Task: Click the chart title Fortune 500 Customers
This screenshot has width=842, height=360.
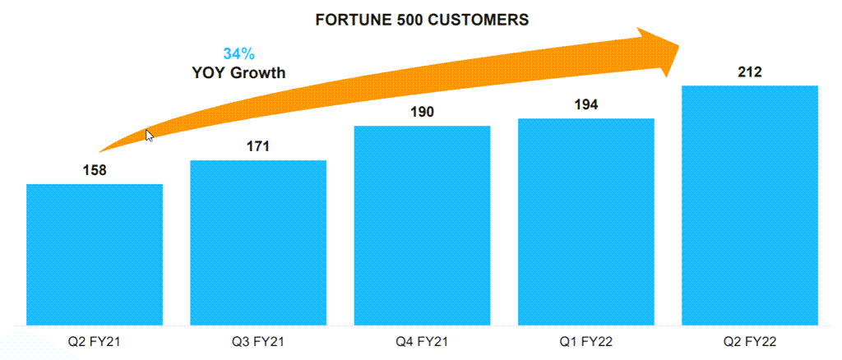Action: pyautogui.click(x=422, y=21)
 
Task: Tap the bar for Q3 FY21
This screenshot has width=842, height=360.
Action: pyautogui.click(x=258, y=242)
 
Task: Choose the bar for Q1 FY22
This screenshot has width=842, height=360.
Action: pyautogui.click(x=585, y=221)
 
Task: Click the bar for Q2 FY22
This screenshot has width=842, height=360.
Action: pyautogui.click(x=750, y=205)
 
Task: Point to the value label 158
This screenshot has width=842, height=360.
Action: pyautogui.click(x=95, y=171)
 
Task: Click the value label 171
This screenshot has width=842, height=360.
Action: pyautogui.click(x=258, y=147)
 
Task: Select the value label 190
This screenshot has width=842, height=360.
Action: pyautogui.click(x=422, y=113)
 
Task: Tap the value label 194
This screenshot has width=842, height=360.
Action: pyautogui.click(x=585, y=105)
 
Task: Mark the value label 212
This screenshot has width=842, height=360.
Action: pyautogui.click(x=750, y=72)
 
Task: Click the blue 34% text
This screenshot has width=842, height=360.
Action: pyautogui.click(x=238, y=54)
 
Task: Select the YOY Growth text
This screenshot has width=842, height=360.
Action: pyautogui.click(x=238, y=72)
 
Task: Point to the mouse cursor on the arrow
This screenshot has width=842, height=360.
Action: pyautogui.click(x=150, y=136)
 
